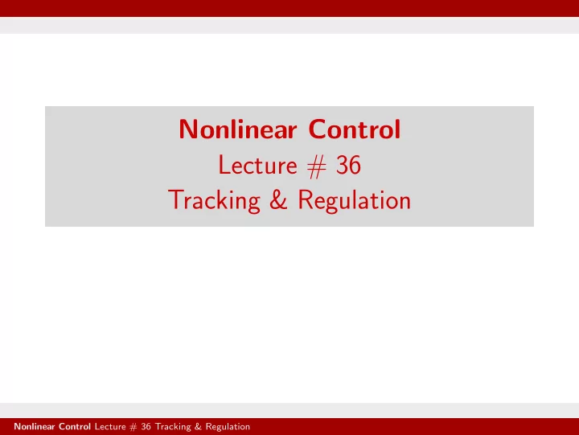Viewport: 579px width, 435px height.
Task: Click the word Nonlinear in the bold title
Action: coord(238,129)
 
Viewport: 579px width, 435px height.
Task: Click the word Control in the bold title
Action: coord(355,129)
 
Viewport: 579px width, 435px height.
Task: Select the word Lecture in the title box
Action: coord(258,165)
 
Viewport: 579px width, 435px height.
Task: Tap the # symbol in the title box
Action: coord(317,166)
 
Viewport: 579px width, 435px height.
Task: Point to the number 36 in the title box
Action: coord(348,165)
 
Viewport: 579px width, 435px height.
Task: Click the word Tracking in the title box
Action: coord(214,201)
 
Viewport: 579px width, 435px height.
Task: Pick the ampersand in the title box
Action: coord(278,199)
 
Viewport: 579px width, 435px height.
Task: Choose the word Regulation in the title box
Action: coord(354,201)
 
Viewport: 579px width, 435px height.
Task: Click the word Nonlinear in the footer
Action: coord(35,426)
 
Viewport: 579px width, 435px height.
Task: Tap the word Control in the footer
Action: coord(75,426)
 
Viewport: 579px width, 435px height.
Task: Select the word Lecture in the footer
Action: coord(110,426)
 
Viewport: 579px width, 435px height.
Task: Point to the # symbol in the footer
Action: coord(133,427)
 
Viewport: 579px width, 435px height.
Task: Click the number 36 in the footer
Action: coord(146,426)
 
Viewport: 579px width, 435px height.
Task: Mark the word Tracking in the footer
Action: coord(173,427)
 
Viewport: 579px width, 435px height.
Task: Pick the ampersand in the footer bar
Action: coord(199,426)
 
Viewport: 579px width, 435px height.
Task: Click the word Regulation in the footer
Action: coord(228,427)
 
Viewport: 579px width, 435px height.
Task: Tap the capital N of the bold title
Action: coord(188,129)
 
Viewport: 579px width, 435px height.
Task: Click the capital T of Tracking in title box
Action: coord(176,199)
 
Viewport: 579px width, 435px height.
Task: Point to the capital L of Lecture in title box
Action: coord(224,165)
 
